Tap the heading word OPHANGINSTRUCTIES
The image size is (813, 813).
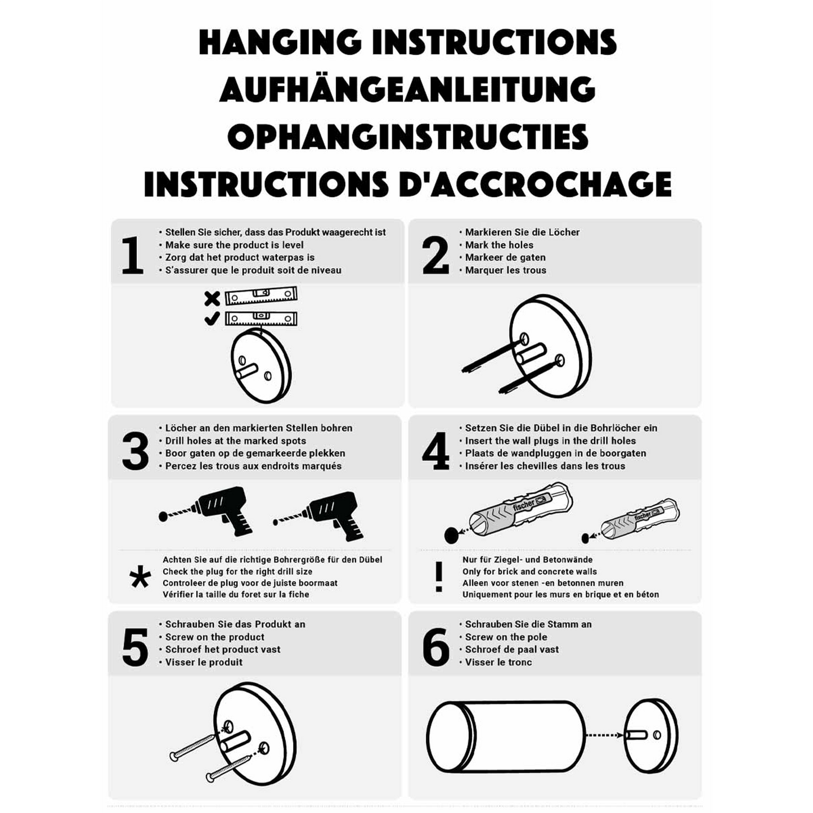click(407, 137)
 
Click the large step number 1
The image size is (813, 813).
click(132, 255)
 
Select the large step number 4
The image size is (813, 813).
click(435, 451)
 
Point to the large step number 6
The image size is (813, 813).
click(436, 647)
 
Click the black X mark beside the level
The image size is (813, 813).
click(212, 298)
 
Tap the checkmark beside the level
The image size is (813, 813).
click(212, 318)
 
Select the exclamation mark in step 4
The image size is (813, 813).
click(439, 577)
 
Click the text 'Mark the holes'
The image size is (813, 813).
click(498, 245)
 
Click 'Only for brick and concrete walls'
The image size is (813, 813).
click(529, 571)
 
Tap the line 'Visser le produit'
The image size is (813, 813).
click(204, 662)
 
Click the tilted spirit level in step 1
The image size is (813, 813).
click(260, 296)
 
